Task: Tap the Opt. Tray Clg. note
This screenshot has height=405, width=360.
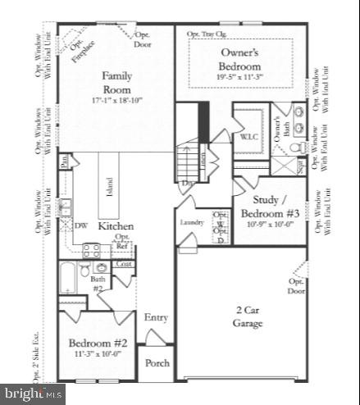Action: click(x=205, y=34)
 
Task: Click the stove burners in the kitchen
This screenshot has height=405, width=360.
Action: click(x=90, y=248)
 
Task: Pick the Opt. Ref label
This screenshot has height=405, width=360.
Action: click(x=122, y=241)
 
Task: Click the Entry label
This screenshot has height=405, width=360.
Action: click(x=156, y=317)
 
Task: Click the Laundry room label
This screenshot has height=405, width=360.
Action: click(x=192, y=222)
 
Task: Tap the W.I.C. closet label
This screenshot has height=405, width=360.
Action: click(x=249, y=138)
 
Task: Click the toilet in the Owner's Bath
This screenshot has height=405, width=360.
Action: click(x=298, y=147)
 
